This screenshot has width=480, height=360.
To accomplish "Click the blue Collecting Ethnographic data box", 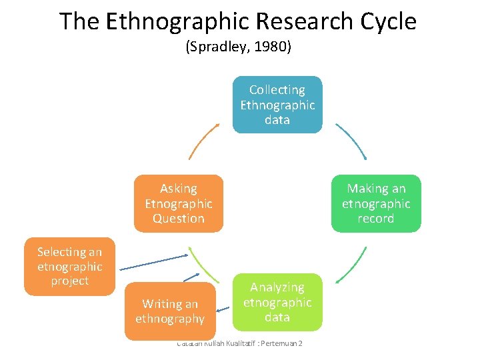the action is click(x=277, y=105).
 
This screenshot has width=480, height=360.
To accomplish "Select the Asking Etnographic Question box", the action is click(x=179, y=203).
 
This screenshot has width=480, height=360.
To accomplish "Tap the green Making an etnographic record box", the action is click(x=376, y=203).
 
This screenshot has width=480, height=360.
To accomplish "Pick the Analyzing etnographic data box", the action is click(x=277, y=302).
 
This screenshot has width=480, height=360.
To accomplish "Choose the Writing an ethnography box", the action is click(x=170, y=311).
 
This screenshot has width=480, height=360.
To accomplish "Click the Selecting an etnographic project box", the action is click(x=69, y=266).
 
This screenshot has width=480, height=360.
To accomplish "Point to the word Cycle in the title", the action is click(x=387, y=21).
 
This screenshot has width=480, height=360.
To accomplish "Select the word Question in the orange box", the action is click(x=179, y=219).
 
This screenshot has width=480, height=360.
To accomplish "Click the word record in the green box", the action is click(x=376, y=219).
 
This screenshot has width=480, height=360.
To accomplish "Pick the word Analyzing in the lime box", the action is click(x=277, y=287).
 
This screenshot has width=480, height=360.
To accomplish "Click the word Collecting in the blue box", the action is click(x=277, y=90).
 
